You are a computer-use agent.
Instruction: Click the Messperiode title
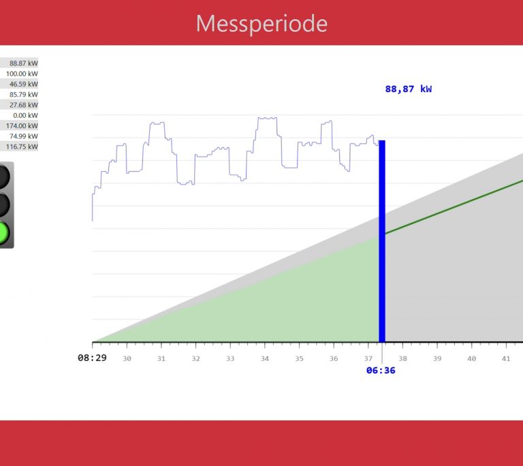pos(261,23)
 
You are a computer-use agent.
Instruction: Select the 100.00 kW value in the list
pos(22,74)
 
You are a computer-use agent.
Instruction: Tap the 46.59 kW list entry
pos(24,84)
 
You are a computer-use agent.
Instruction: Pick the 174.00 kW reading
pos(22,126)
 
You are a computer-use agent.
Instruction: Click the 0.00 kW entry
pos(26,116)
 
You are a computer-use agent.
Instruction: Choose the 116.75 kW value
pos(22,146)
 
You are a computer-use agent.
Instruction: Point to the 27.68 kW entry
pos(24,105)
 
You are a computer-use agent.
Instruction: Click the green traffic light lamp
pos(3,232)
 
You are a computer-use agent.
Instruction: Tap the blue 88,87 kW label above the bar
pos(409,89)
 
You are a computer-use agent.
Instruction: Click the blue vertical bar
pos(382,241)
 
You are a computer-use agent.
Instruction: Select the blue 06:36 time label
pos(381,370)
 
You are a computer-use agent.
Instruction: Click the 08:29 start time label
pos(92,358)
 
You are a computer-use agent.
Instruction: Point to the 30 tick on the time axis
pos(127,358)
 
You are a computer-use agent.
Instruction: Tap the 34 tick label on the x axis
pos(264,358)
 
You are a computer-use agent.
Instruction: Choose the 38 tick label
pos(402,358)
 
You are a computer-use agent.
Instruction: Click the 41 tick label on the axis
pos(506,358)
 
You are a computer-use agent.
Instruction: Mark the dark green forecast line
pos(454,206)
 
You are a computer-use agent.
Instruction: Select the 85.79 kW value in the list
pos(24,95)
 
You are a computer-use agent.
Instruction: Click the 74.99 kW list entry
pos(24,136)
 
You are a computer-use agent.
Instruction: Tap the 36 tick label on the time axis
pos(334,358)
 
